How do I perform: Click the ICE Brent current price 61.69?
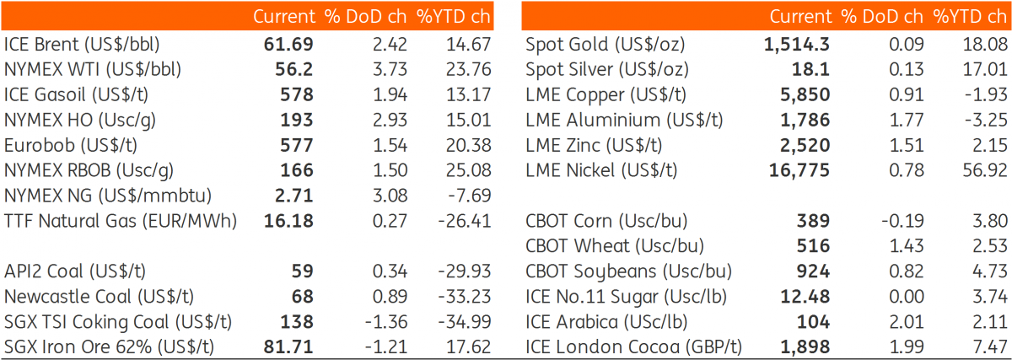click(288, 45)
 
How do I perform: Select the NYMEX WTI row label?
click(93, 70)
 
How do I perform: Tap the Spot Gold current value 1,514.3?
click(796, 45)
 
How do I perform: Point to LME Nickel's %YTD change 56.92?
click(984, 170)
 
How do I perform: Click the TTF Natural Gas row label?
click(120, 222)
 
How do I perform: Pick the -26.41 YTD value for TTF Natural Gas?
click(465, 222)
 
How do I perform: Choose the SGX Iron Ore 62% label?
click(109, 347)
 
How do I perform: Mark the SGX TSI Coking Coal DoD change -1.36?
click(386, 322)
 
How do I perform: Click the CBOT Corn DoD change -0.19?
click(902, 221)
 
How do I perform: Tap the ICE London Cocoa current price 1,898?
click(805, 347)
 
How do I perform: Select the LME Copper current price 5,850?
click(805, 95)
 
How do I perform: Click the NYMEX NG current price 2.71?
click(294, 196)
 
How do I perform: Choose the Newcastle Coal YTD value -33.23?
click(465, 297)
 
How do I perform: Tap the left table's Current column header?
click(283, 17)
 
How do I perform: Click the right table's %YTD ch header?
click(970, 17)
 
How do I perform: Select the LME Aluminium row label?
click(624, 121)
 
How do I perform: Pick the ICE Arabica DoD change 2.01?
click(907, 322)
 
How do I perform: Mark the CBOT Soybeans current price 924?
click(813, 271)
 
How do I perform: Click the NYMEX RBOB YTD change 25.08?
click(469, 170)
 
